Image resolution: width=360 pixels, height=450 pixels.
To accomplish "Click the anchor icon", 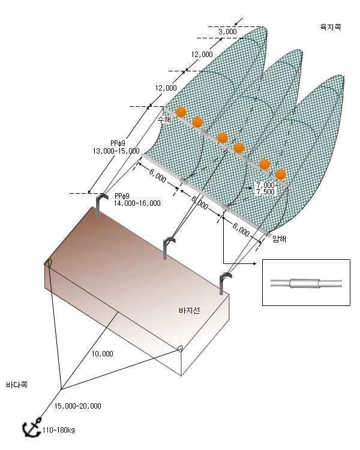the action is click(32, 428).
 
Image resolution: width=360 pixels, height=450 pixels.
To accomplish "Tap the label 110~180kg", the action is click(59, 430).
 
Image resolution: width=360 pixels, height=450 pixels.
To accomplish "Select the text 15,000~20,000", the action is click(78, 406).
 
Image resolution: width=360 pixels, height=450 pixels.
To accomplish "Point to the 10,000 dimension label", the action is click(103, 354).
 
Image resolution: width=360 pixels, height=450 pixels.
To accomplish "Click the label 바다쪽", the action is click(17, 385).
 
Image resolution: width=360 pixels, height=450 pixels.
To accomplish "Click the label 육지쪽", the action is click(331, 27).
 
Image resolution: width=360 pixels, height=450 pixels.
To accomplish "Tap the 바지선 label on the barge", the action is click(189, 311).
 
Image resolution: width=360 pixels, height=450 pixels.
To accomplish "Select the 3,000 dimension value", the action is click(227, 32).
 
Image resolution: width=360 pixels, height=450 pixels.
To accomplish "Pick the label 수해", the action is click(164, 119).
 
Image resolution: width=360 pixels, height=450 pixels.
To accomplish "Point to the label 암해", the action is click(280, 239).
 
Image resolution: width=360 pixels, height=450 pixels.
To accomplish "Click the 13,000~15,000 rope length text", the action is click(116, 151).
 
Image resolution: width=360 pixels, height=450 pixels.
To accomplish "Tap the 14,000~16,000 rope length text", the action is click(137, 203).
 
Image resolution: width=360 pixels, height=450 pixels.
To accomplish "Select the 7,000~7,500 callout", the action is click(266, 188).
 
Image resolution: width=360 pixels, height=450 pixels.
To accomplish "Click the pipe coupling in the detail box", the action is click(305, 283).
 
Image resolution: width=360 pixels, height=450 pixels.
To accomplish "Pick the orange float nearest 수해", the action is click(181, 112).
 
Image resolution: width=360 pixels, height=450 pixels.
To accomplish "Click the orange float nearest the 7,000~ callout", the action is click(281, 175).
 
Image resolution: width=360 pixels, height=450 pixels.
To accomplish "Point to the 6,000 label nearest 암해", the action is click(241, 230).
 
